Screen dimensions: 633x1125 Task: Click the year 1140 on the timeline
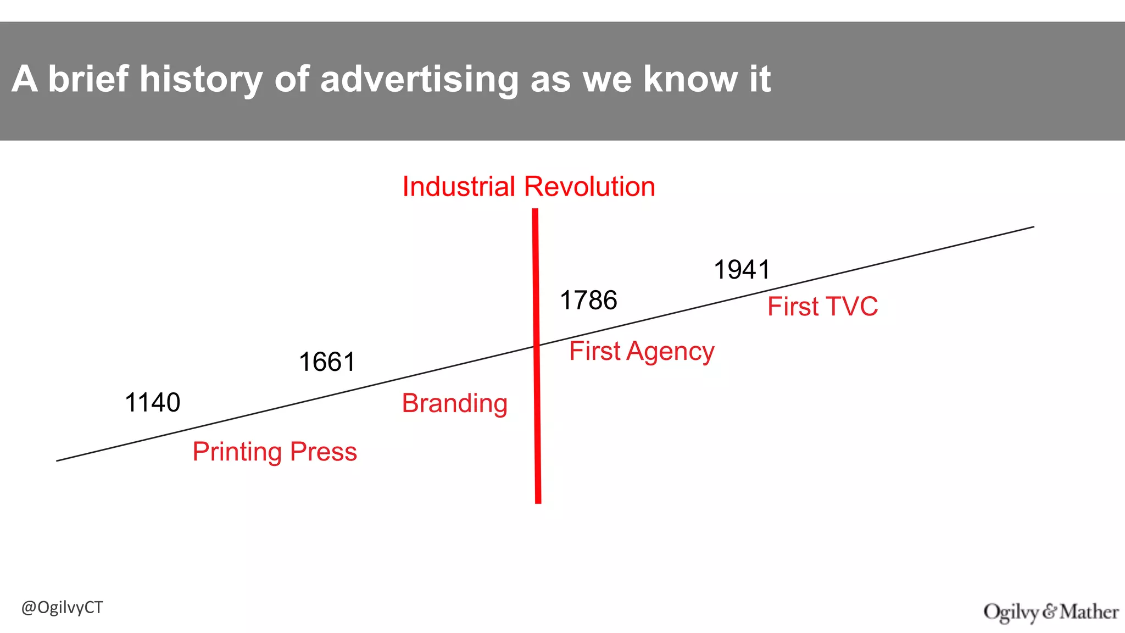coord(153,403)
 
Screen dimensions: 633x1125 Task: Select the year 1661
coord(327,363)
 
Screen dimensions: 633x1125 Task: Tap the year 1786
coord(588,301)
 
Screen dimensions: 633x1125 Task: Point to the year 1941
coord(742,270)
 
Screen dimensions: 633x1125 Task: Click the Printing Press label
coord(275,452)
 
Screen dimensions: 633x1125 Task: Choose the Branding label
coord(454,403)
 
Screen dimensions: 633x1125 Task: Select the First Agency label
coord(642,351)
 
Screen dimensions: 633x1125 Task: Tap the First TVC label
coord(822,307)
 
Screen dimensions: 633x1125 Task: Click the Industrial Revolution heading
coord(528,187)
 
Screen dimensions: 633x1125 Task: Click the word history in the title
coord(201,79)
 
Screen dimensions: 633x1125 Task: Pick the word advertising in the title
coord(419,79)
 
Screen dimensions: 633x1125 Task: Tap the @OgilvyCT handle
coord(62,608)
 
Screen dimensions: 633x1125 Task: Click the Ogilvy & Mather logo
coord(1051,612)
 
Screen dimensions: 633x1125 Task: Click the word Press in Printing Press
coord(324,452)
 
